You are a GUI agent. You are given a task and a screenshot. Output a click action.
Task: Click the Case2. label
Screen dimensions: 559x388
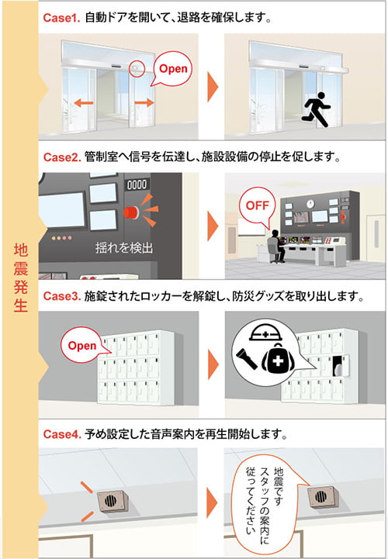[x=62, y=157]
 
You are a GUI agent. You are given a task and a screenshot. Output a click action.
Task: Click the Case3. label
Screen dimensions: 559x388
[x=62, y=297]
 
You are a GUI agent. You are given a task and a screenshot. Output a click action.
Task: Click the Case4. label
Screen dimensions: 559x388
[x=62, y=435]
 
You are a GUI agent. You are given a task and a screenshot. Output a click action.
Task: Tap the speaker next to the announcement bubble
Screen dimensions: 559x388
[x=322, y=495]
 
